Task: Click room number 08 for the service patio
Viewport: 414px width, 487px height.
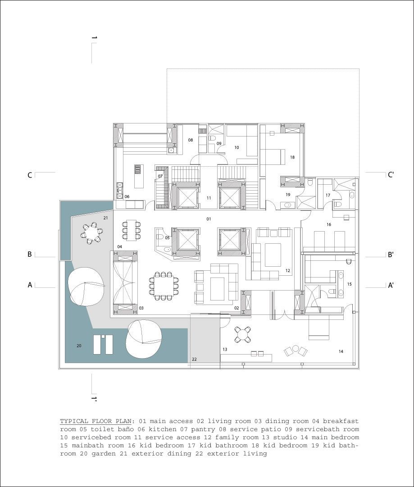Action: point(191,140)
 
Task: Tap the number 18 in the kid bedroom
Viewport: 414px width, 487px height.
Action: point(292,157)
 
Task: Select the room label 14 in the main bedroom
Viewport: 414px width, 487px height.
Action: point(341,351)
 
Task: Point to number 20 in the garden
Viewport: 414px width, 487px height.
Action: point(79,346)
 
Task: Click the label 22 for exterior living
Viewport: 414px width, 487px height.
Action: point(195,360)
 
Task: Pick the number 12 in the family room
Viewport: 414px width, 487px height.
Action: point(287,270)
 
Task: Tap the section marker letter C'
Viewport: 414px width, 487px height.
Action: point(391,174)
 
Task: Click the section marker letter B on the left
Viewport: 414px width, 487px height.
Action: point(30,255)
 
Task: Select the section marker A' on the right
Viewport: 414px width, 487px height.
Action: point(391,285)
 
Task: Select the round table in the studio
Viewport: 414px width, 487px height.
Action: point(242,334)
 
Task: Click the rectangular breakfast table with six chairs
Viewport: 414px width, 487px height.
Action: point(132,230)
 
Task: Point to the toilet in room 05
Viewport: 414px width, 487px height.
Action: point(160,237)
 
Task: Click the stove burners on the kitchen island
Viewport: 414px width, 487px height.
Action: point(138,169)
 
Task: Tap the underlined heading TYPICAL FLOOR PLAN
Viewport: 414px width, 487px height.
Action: point(96,422)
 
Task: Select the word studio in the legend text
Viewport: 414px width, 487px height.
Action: point(284,437)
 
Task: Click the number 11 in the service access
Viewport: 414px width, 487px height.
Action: point(209,198)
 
